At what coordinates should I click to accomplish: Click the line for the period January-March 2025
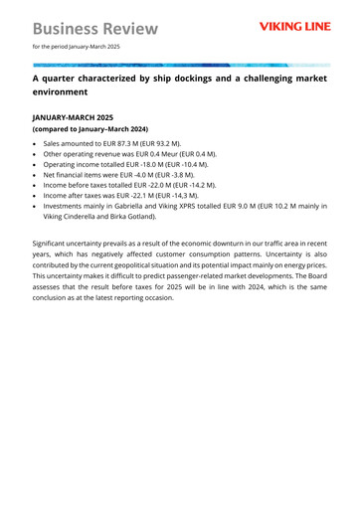[76, 46]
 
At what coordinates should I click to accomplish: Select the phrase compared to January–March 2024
[91, 129]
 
